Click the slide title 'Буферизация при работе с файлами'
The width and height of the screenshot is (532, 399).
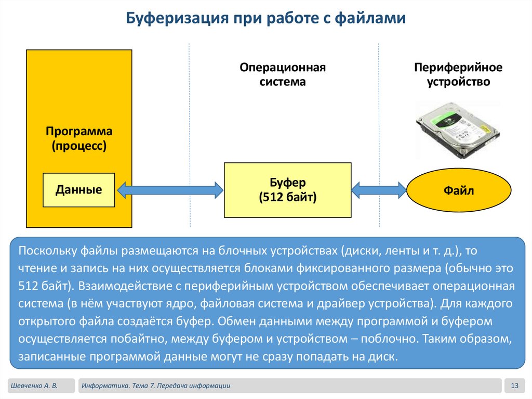pyautogui.click(x=265, y=19)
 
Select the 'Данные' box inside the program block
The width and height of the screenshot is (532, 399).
pyautogui.click(x=79, y=190)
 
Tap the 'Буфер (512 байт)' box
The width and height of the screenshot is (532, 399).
pyautogui.click(x=287, y=190)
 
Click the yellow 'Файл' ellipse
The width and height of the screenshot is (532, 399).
pyautogui.click(x=458, y=191)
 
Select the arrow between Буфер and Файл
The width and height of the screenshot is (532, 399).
pyautogui.click(x=379, y=190)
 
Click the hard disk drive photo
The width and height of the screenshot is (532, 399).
pyautogui.click(x=458, y=129)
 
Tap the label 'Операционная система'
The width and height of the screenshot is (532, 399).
pyautogui.click(x=283, y=74)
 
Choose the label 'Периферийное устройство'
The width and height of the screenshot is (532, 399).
pyautogui.click(x=458, y=74)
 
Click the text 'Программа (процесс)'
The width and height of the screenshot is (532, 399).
pyautogui.click(x=79, y=138)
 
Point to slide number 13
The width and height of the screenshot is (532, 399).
pyautogui.click(x=515, y=385)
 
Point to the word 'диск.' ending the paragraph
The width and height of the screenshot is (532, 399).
pyautogui.click(x=383, y=357)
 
